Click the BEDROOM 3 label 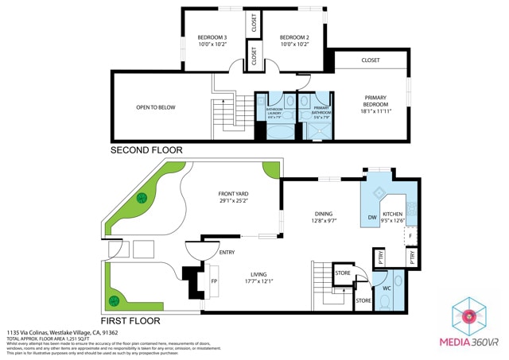pos(212,41)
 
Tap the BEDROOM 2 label pos(294,41)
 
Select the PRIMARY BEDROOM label pos(375,105)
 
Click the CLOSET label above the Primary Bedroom pos(371,60)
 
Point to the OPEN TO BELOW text pos(156,107)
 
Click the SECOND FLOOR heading pos(146,150)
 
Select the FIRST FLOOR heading pos(130,321)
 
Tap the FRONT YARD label pos(234,197)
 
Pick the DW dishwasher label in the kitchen pos(371,218)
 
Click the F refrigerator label pos(410,237)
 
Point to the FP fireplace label pos(213,281)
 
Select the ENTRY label pos(227,253)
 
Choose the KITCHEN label pos(393,218)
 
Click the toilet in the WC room pos(398,281)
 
